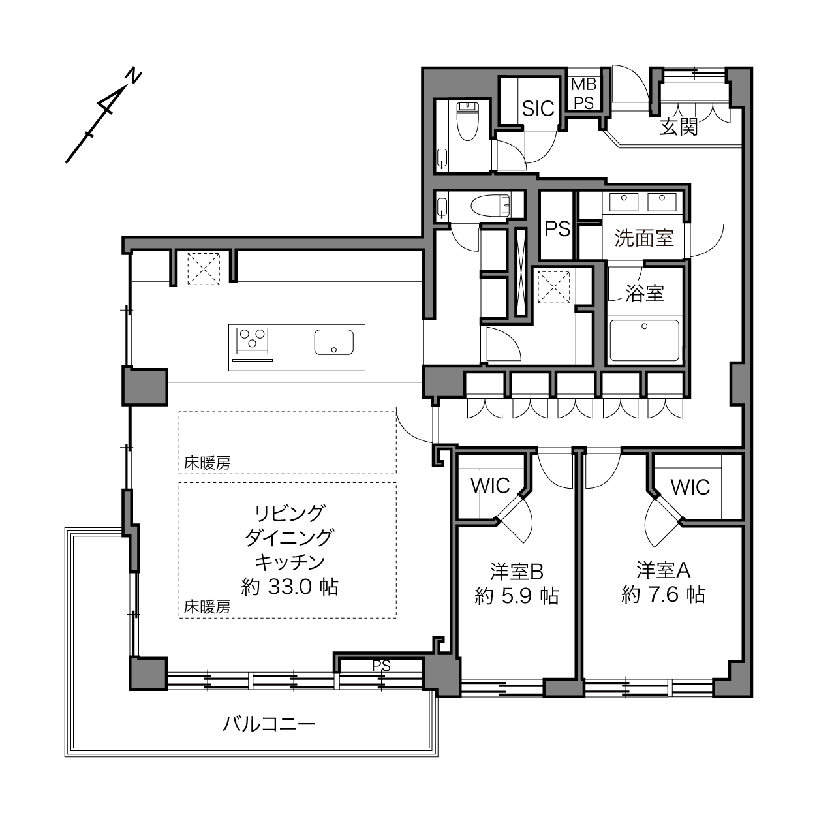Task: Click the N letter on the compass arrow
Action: [135, 77]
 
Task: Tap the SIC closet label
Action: [538, 109]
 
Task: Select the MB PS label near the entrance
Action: [583, 93]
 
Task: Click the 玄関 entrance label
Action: [679, 127]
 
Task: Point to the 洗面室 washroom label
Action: [644, 238]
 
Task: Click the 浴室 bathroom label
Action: [645, 293]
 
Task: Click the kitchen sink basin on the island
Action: [333, 342]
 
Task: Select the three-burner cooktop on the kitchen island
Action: [253, 341]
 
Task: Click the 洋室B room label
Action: [517, 572]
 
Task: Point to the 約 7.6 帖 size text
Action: [664, 595]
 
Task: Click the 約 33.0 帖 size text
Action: [290, 587]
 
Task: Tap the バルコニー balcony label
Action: [270, 724]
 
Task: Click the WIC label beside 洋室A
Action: [690, 487]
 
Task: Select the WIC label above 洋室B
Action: [490, 486]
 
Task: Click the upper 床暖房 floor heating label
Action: [207, 463]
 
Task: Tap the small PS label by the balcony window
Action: [381, 666]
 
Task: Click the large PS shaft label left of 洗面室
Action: [557, 229]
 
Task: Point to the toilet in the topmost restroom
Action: [468, 121]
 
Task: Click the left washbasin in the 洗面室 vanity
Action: [624, 202]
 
